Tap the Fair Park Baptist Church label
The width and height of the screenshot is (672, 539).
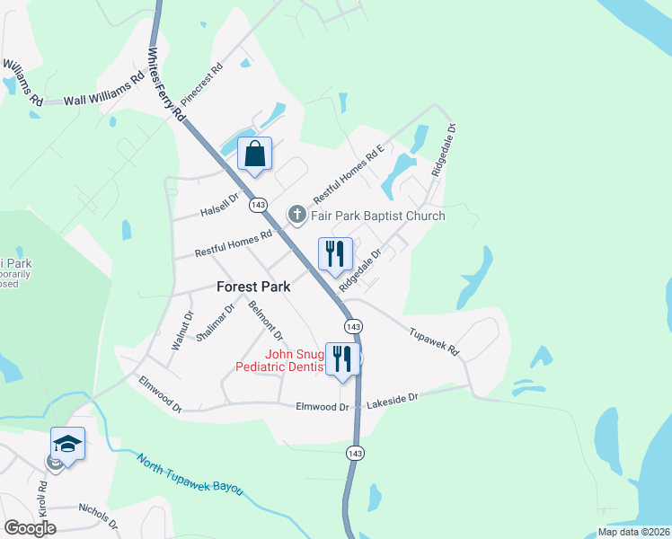coord(378,216)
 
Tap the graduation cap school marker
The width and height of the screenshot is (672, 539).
coord(67,444)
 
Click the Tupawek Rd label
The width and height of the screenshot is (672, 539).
coord(434,339)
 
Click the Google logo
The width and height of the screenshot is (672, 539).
coord(30,527)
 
